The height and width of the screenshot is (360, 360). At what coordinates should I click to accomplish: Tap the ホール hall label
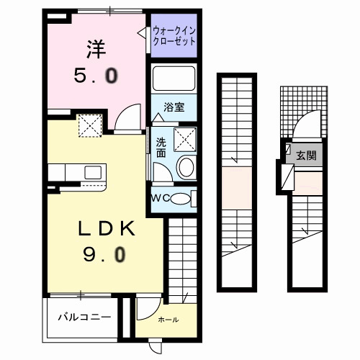click(x=168, y=320)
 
